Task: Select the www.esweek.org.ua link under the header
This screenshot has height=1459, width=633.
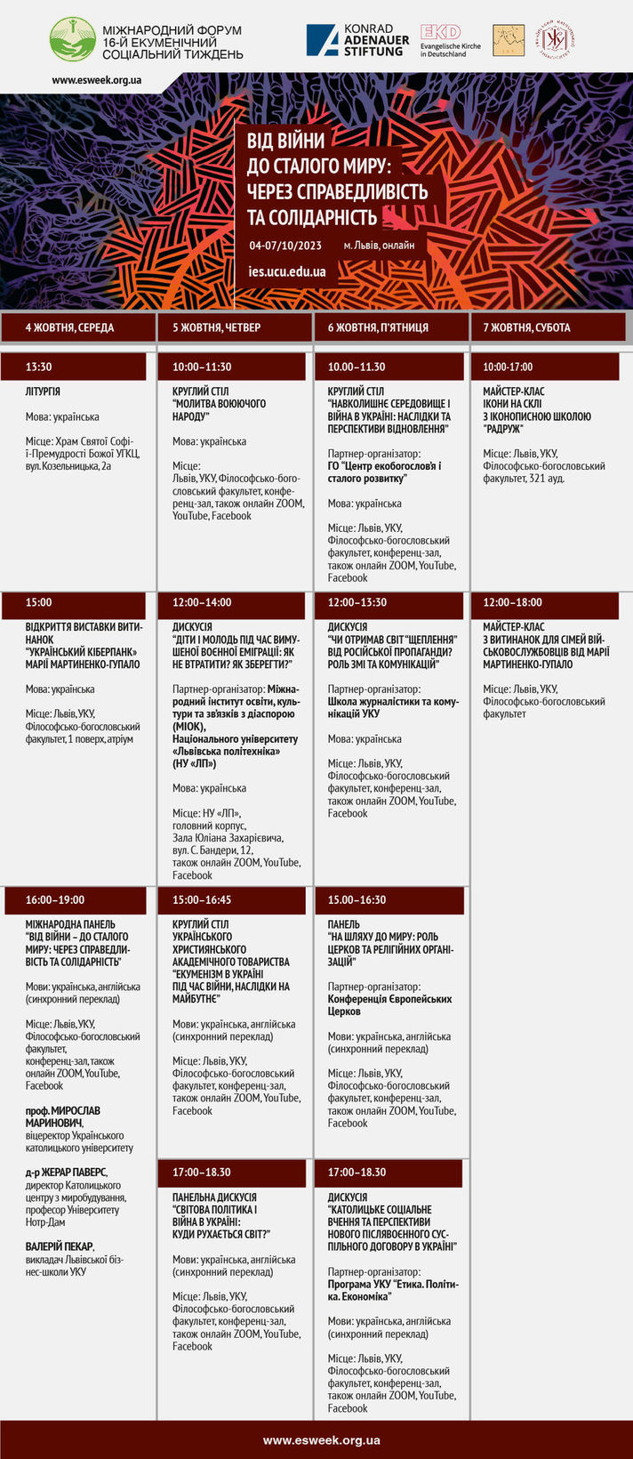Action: pos(96,80)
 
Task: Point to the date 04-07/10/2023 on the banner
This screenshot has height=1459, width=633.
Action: pos(285,246)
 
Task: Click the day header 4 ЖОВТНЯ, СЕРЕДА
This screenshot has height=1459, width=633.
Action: pos(69,327)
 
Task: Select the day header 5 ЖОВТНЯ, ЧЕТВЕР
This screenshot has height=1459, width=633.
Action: pos(216,327)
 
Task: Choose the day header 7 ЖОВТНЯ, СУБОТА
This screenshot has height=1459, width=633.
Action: pos(526,327)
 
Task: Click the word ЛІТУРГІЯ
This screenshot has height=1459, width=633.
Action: pos(43,391)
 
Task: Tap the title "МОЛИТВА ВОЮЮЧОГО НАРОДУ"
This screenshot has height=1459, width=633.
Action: pos(219,410)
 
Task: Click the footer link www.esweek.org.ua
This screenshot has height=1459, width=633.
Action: pos(321,1440)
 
